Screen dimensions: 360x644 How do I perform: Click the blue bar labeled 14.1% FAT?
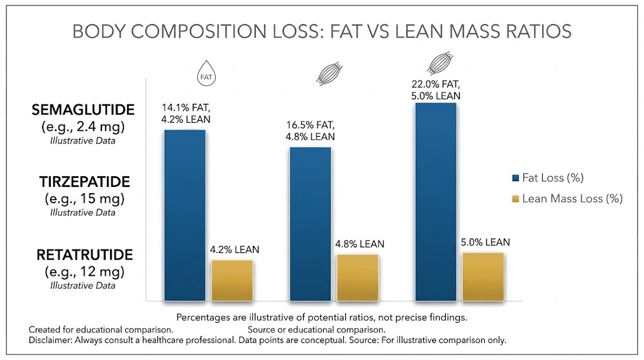click(185, 215)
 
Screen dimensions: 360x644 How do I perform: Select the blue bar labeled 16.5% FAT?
click(310, 223)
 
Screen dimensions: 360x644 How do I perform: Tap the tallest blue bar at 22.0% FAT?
click(435, 201)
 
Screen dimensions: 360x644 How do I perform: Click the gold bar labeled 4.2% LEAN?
click(232, 280)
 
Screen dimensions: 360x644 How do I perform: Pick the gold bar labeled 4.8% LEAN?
click(357, 278)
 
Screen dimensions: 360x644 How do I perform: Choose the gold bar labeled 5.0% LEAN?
click(483, 276)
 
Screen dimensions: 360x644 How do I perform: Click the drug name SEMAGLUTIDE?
click(83, 110)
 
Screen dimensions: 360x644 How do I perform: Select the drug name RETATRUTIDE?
click(84, 255)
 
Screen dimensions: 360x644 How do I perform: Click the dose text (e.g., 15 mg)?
click(83, 199)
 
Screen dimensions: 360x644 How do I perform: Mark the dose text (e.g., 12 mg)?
click(83, 272)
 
